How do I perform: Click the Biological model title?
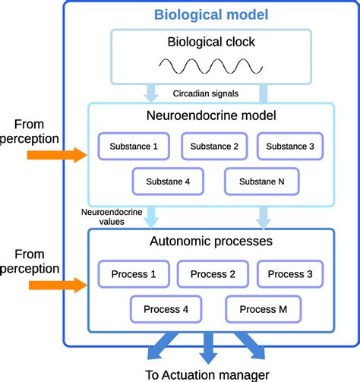(x=210, y=14)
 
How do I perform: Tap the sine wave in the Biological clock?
(x=210, y=68)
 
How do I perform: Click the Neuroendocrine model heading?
(x=210, y=117)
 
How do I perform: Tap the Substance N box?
(x=262, y=182)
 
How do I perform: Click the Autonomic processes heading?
(x=210, y=242)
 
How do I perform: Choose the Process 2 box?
(x=212, y=274)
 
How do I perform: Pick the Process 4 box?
(x=166, y=309)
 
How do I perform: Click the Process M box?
(x=262, y=309)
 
